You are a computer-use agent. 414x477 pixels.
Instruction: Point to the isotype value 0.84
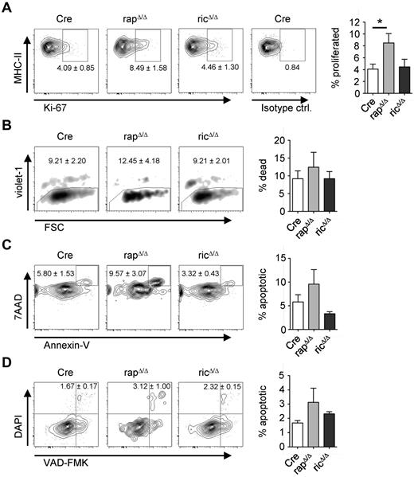[x=284, y=77]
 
